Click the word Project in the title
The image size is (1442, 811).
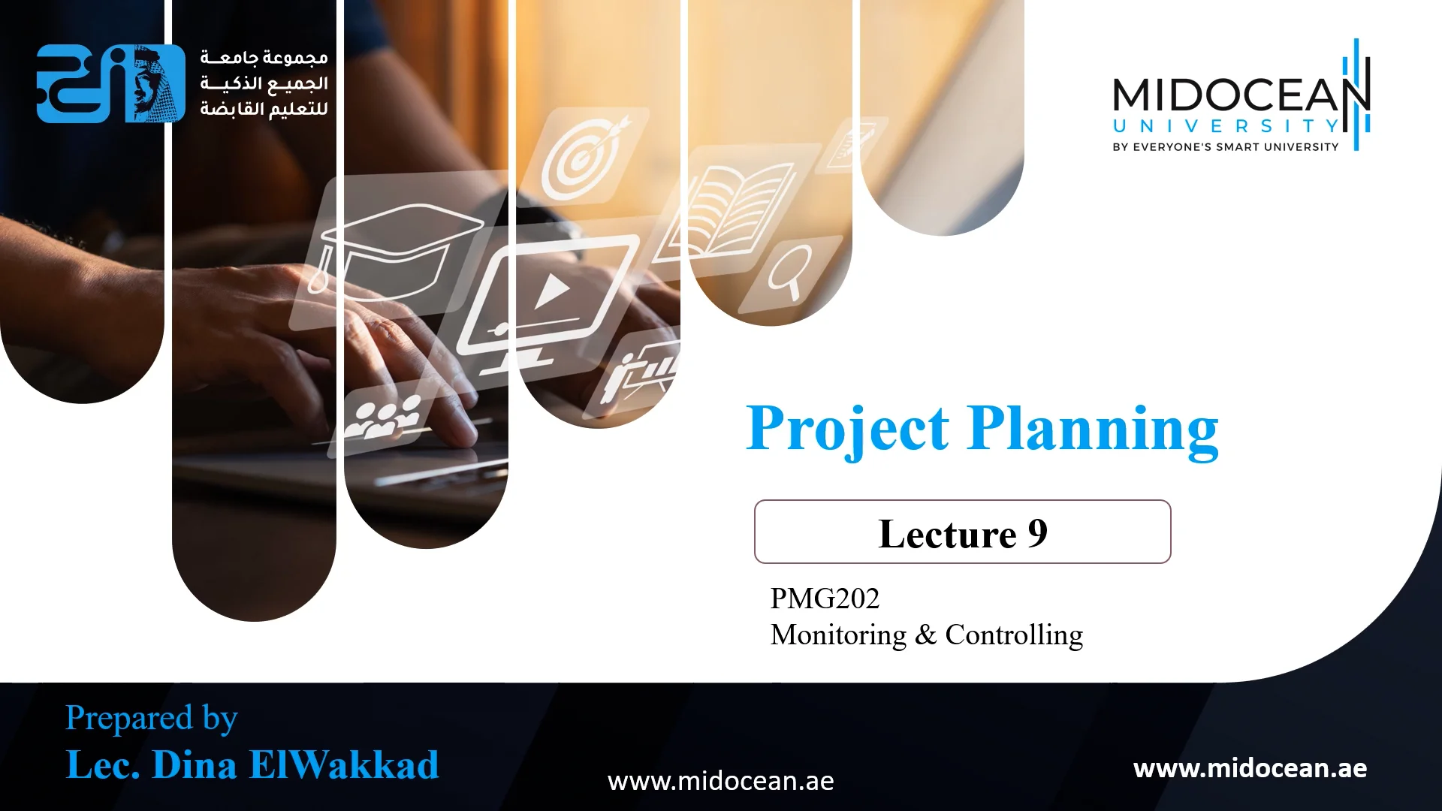click(x=847, y=429)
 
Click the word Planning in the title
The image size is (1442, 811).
click(x=1093, y=429)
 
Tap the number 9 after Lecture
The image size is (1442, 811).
click(x=1037, y=533)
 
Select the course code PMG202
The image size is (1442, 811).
click(x=824, y=598)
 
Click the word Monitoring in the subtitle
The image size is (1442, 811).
click(x=838, y=635)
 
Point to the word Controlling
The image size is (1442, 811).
click(x=1013, y=635)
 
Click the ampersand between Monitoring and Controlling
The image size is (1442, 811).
click(x=925, y=635)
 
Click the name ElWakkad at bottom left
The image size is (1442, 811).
click(x=343, y=765)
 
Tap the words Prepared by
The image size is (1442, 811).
click(x=151, y=718)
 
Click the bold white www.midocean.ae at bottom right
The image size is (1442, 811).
click(x=1250, y=768)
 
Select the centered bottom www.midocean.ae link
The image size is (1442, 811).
click(x=720, y=782)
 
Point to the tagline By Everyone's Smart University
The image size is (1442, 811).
click(x=1225, y=147)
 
